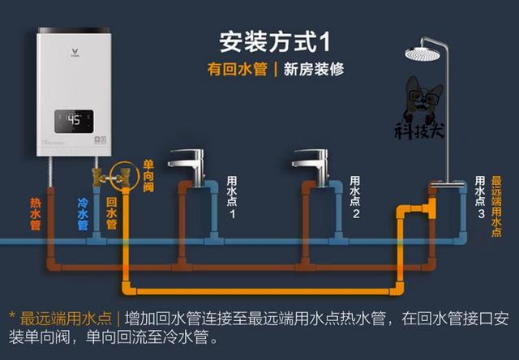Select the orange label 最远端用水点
496,206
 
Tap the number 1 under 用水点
231,214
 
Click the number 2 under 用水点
355,214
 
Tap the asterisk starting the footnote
12,318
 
